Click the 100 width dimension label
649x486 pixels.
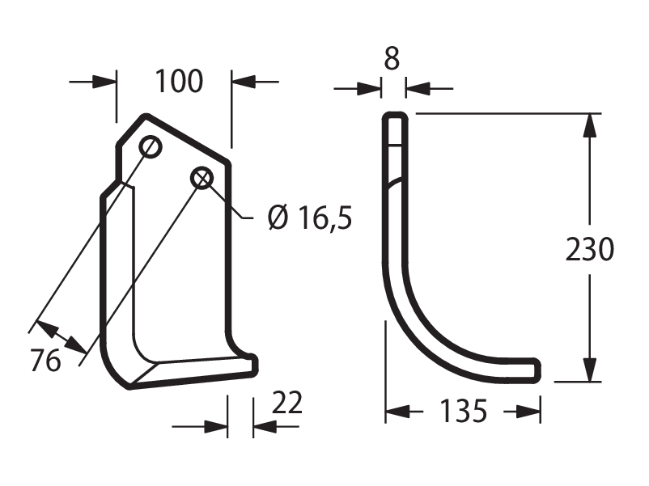(x=179, y=81)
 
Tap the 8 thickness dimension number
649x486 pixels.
(x=392, y=58)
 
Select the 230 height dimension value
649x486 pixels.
(x=590, y=249)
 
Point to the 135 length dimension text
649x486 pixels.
(x=463, y=411)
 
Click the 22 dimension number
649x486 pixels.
(x=287, y=403)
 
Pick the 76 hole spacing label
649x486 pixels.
(x=45, y=361)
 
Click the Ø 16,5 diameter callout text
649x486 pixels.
(x=310, y=218)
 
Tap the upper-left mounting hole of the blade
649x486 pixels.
(x=151, y=146)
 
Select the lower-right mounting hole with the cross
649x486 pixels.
(x=201, y=179)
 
